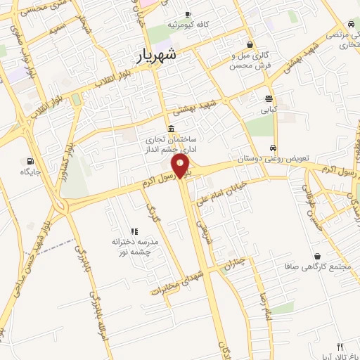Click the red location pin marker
coord(181,167)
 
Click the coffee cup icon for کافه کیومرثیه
coord(187,15)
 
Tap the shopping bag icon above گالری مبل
coord(250,44)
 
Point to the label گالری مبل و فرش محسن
coord(249,60)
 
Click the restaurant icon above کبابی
coord(269,98)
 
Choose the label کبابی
coord(269,110)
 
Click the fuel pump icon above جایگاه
coord(29,160)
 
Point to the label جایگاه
coord(29,172)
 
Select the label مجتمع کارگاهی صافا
coord(321,267)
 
